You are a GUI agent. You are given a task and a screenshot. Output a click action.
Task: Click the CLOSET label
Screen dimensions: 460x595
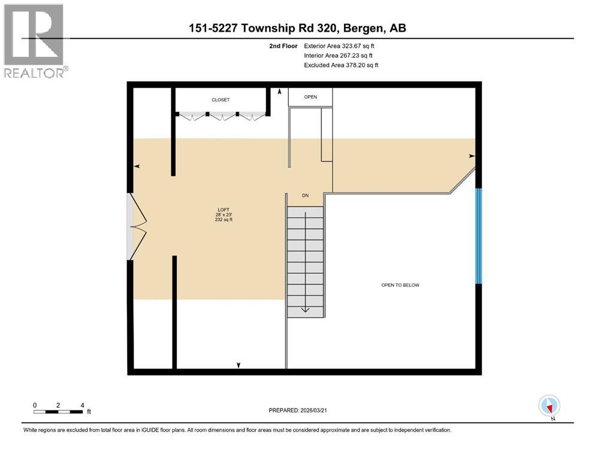click(x=221, y=100)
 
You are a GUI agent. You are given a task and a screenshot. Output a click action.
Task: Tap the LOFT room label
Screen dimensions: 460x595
click(x=223, y=210)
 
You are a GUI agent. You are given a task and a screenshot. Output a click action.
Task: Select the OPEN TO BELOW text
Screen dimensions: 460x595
click(x=400, y=285)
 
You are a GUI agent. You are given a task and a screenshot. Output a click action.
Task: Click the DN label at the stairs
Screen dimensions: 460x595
click(x=305, y=196)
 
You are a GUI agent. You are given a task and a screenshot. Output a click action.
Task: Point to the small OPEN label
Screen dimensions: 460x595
click(x=310, y=97)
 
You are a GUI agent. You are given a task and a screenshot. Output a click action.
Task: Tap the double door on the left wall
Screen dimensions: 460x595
click(x=137, y=226)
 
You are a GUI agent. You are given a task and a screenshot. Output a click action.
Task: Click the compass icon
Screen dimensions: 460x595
click(x=549, y=406)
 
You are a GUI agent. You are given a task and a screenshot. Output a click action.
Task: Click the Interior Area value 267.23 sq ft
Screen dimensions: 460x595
click(x=355, y=55)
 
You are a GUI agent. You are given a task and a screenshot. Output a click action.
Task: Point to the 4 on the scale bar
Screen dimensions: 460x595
click(x=82, y=405)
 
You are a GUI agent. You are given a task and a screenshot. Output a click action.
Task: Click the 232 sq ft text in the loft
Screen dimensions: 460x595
click(x=223, y=220)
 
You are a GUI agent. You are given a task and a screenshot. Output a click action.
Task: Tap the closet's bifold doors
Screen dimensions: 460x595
click(x=221, y=116)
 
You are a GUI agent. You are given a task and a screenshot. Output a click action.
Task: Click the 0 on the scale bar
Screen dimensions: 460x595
click(x=35, y=405)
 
